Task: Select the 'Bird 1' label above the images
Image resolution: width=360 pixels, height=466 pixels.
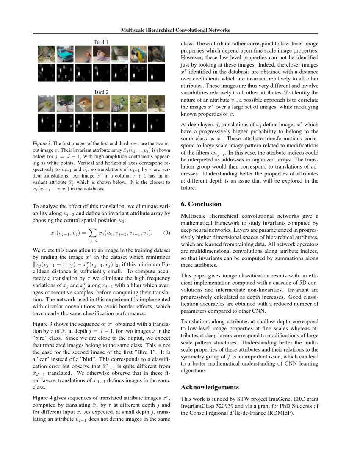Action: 101,42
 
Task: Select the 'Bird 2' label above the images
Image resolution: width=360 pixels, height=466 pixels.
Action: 101,92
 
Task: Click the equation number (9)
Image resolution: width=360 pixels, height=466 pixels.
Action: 166,233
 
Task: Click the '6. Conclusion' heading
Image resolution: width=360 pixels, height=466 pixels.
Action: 201,204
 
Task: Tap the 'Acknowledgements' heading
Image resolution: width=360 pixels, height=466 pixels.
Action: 210,387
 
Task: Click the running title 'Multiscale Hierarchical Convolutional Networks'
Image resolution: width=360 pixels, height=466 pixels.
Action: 175,30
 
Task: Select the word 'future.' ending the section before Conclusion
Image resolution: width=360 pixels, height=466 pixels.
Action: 189,188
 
